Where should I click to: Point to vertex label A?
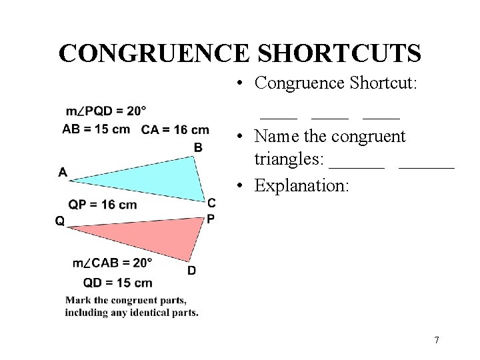pos(63,173)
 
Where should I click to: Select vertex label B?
pos(198,147)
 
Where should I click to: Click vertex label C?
pos(211,203)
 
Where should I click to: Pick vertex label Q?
pos(60,221)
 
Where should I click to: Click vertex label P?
pos(211,218)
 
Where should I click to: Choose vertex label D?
pos(192,270)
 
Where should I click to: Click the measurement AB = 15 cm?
pos(96,129)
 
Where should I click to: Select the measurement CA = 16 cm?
pos(175,129)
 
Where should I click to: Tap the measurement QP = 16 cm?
pos(103,205)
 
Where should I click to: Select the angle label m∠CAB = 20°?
pos(113,263)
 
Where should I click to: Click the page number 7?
pos(437,341)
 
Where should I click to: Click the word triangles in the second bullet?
pos(289,160)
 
